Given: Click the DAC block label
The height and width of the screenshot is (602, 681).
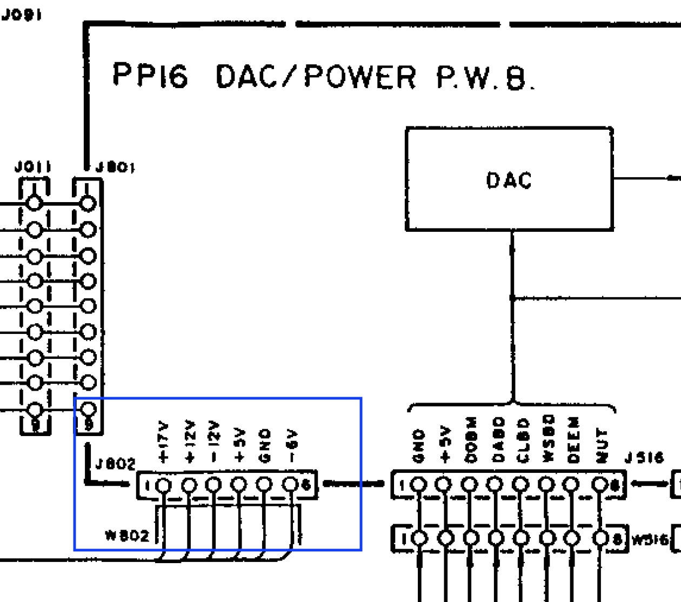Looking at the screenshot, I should point(509,180).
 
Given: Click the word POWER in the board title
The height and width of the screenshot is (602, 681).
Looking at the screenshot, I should point(360,76).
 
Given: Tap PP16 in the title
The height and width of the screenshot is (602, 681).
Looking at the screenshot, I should point(150,75).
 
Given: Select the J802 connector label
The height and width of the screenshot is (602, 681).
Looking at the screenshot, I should point(115,464).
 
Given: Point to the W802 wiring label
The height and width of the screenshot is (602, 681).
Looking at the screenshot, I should point(127,536).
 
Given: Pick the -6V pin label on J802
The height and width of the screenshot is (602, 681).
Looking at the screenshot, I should point(291,446).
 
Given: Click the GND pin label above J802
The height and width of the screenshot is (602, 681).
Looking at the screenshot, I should point(264,445).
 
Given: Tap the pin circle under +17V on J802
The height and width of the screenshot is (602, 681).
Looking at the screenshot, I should point(163,485).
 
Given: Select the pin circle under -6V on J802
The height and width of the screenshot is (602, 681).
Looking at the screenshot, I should point(290,484).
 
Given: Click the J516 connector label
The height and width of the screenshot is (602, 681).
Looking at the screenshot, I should point(643,458).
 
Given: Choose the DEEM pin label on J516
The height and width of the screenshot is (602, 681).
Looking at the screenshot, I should point(573,439).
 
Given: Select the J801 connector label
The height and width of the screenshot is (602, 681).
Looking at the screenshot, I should point(115,168).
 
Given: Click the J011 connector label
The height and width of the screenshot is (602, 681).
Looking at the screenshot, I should point(33,168).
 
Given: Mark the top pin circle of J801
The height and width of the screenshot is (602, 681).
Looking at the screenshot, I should point(88,204).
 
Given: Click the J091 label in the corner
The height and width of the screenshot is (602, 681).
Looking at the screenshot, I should point(21,15).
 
